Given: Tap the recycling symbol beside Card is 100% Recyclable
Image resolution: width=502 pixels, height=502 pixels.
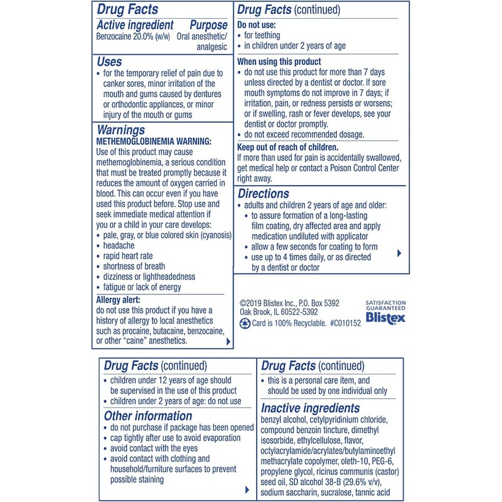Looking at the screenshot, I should point(245,324).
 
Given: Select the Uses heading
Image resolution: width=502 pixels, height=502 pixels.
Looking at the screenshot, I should point(109,62).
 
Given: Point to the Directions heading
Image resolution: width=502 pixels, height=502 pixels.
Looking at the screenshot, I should point(263,193).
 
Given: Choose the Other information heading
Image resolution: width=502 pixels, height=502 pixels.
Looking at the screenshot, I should point(147,415).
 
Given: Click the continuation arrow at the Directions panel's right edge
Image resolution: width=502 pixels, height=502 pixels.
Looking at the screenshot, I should point(400,254).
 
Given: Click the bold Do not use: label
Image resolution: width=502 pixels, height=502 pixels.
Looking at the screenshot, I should point(255,24).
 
